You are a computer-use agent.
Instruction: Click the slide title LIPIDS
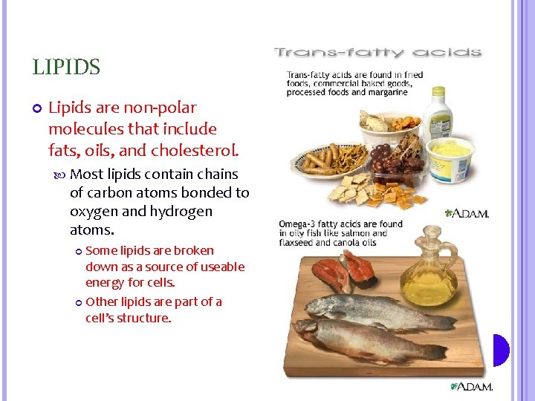coord(66,68)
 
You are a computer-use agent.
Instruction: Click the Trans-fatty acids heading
coord(378,53)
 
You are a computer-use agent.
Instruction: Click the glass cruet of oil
coord(428,282)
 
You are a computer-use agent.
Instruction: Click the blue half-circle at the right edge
coord(501,350)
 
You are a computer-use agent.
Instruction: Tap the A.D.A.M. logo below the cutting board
coord(472,387)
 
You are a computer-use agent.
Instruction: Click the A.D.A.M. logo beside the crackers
coord(468,213)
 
